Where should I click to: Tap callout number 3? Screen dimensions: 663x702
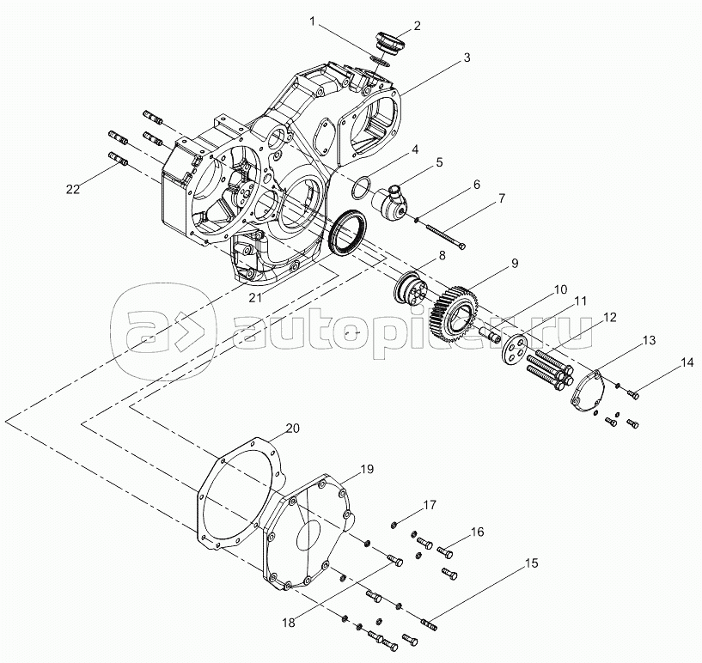[x=467, y=58]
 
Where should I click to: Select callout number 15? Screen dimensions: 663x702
[x=532, y=563]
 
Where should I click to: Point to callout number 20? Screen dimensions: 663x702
[x=293, y=428]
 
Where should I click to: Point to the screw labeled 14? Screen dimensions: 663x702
[x=634, y=394]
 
